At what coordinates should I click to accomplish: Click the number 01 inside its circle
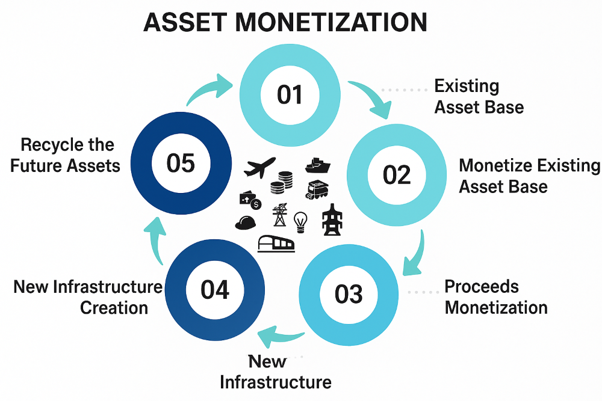click(x=290, y=94)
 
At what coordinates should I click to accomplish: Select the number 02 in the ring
click(x=397, y=174)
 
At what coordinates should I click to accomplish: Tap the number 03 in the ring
click(x=349, y=294)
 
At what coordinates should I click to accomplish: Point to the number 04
click(x=215, y=289)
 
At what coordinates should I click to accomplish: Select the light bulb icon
click(x=300, y=221)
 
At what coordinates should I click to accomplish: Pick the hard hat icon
click(x=246, y=222)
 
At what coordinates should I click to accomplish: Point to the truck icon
click(x=317, y=190)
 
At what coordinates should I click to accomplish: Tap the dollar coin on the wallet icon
click(x=256, y=204)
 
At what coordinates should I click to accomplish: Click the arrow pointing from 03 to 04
click(x=279, y=336)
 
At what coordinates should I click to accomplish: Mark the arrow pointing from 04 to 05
click(x=155, y=240)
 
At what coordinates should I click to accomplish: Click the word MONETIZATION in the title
click(x=330, y=22)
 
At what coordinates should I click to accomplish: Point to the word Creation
click(x=114, y=307)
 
